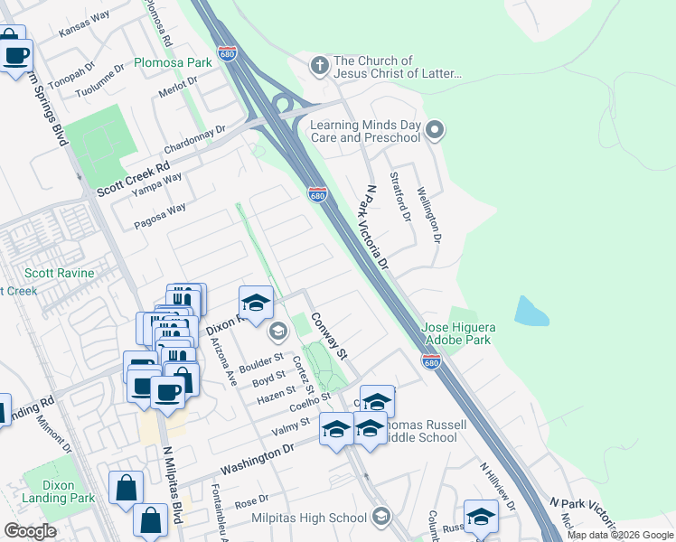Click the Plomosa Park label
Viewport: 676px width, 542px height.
pos(173,62)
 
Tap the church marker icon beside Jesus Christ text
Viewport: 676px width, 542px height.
pos(318,65)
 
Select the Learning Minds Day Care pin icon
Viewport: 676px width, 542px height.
pos(435,131)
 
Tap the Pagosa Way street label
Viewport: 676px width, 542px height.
pos(160,214)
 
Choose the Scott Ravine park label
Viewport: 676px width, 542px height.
pos(52,273)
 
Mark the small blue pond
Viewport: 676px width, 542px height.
pos(531,311)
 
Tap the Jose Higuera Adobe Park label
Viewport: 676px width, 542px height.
pos(469,333)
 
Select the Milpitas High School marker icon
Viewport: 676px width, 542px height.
pos(380,517)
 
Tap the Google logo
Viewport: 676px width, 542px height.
pos(30,531)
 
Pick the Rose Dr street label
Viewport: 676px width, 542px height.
pos(252,500)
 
